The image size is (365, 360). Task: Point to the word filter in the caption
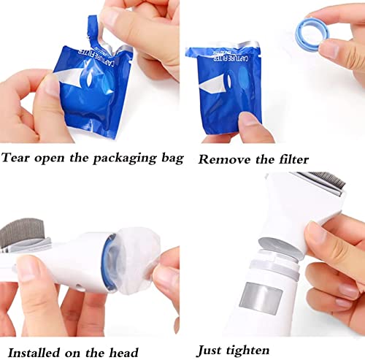pos(290,158)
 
